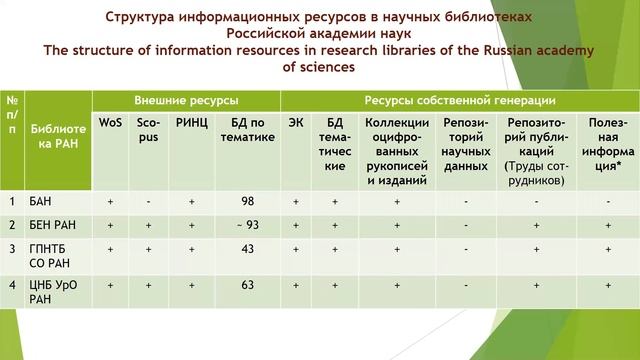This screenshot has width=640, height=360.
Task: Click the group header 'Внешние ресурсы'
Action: (186, 101)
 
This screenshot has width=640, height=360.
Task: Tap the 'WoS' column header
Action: (110, 122)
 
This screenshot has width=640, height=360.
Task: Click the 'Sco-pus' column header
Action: (148, 130)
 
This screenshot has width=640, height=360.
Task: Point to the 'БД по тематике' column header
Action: (246, 130)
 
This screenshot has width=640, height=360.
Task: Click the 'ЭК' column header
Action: (296, 122)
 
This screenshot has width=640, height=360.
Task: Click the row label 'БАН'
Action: (42, 202)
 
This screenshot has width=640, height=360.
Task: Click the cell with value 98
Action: (246, 202)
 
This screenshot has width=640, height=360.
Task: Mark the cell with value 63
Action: (246, 286)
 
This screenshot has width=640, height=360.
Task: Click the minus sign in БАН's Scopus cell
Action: (148, 202)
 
